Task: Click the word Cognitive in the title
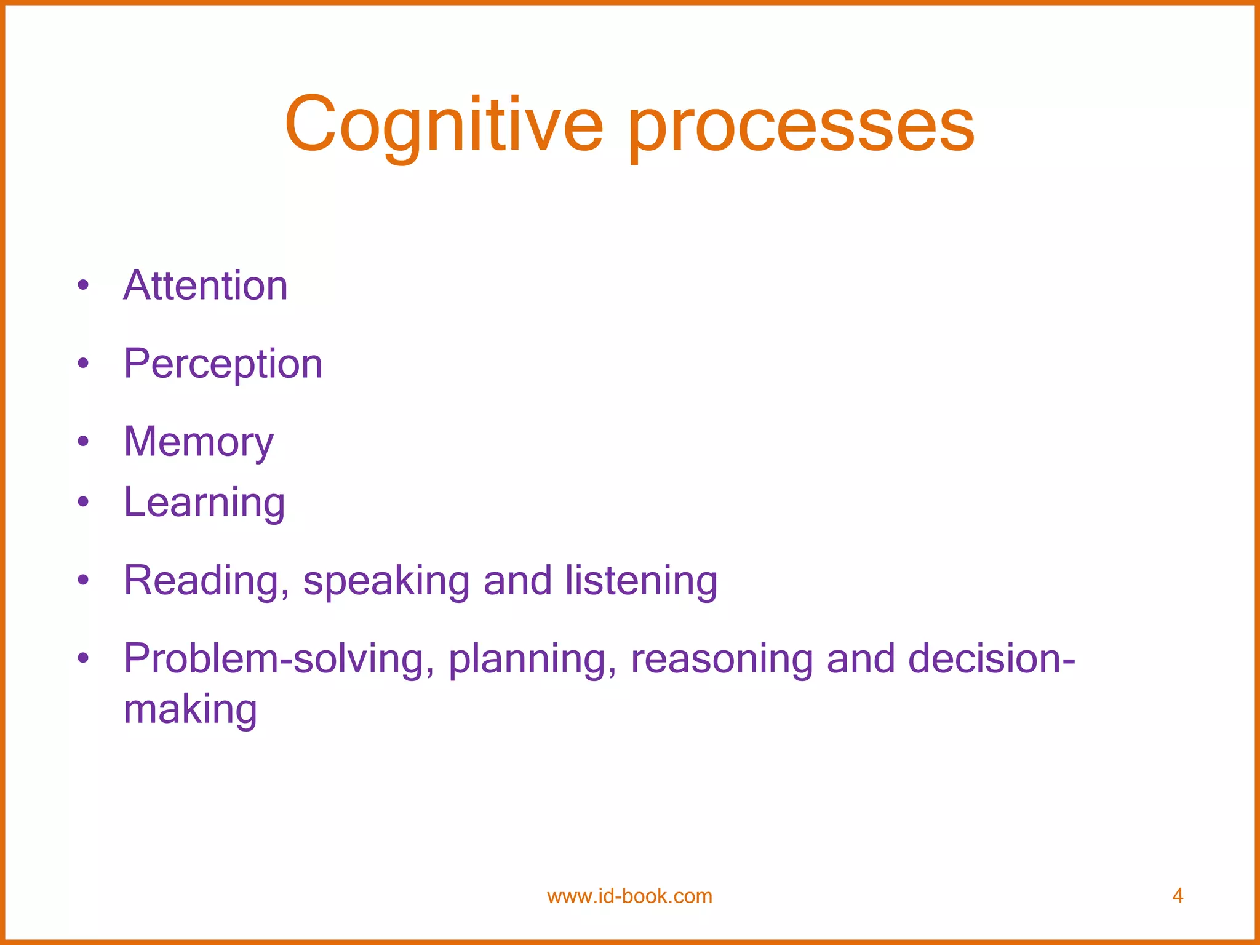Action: (443, 126)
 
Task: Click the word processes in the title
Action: (801, 129)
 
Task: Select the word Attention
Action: (205, 286)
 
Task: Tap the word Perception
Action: (223, 364)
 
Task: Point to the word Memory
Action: (198, 442)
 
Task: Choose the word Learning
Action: (204, 503)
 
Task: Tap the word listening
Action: (641, 581)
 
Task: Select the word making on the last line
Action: (190, 710)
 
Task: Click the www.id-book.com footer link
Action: (629, 896)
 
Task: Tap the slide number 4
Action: (1178, 896)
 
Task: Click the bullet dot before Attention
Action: (84, 285)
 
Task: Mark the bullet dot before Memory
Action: (84, 441)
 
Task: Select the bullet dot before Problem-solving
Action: (84, 658)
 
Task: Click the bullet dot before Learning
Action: (84, 502)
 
